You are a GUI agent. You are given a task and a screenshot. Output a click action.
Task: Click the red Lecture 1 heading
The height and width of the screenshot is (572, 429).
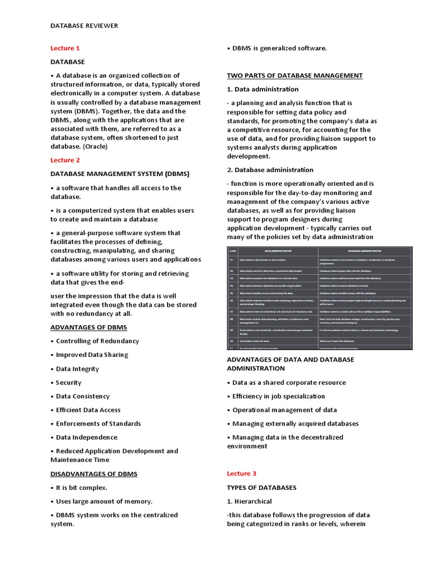pyautogui.click(x=65, y=48)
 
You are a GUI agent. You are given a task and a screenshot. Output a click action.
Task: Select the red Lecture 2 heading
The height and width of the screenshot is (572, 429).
pyautogui.click(x=65, y=160)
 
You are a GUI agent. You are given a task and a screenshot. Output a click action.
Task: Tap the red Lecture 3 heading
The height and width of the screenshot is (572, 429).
pyautogui.click(x=241, y=474)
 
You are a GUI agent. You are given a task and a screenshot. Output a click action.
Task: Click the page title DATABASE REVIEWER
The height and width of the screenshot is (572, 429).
pyautogui.click(x=84, y=26)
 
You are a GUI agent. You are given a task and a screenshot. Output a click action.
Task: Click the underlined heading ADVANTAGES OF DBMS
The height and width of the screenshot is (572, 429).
pyautogui.click(x=88, y=327)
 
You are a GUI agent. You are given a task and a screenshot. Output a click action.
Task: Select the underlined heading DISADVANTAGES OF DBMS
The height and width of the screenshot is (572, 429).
pyautogui.click(x=94, y=474)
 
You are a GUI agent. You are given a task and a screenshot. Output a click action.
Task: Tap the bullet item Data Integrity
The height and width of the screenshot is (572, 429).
pyautogui.click(x=77, y=369)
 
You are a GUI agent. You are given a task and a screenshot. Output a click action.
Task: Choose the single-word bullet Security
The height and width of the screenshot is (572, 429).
pyautogui.click(x=68, y=383)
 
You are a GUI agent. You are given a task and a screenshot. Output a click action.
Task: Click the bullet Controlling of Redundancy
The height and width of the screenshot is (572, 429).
pyautogui.click(x=97, y=341)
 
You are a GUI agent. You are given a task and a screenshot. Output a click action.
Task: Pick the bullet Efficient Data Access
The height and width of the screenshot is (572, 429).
pyautogui.click(x=88, y=410)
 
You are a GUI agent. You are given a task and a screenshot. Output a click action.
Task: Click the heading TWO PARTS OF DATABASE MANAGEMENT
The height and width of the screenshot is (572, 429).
pyautogui.click(x=294, y=75)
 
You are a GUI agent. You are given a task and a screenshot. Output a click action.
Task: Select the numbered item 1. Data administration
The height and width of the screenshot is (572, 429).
pyautogui.click(x=263, y=89)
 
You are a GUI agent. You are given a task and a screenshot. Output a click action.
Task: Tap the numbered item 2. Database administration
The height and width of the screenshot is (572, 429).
pyautogui.click(x=270, y=170)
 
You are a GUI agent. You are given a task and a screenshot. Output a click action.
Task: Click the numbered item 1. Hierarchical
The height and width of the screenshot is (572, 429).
pyautogui.click(x=249, y=502)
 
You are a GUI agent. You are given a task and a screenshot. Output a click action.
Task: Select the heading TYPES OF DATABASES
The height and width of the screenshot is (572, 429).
pyautogui.click(x=261, y=488)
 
